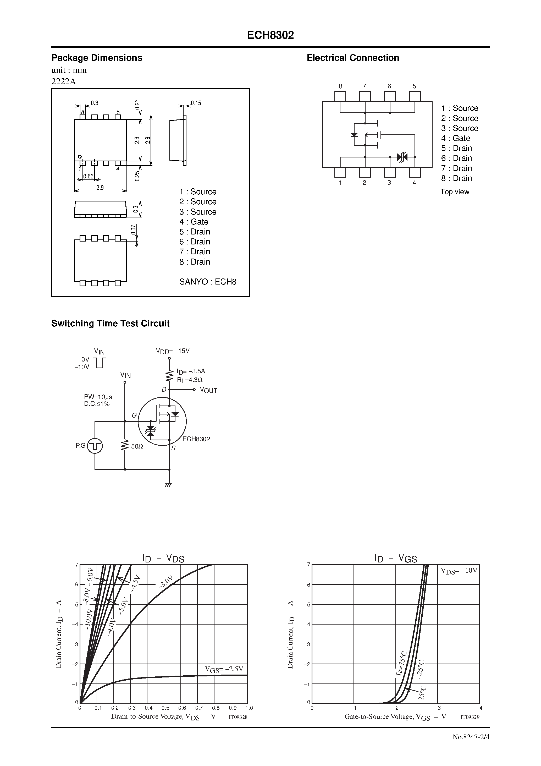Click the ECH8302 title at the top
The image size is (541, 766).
click(270, 35)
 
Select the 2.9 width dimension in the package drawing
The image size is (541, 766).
click(100, 188)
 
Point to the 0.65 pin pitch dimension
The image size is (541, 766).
click(89, 176)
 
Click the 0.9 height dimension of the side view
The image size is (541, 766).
click(135, 209)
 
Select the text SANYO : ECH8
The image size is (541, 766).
click(207, 282)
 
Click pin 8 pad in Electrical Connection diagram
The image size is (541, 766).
click(340, 96)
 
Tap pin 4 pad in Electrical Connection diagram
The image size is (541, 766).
click(415, 172)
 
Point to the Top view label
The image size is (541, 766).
click(454, 192)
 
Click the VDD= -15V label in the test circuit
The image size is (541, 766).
click(173, 351)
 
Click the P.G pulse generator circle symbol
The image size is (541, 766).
click(95, 446)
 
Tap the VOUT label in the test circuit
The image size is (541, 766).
click(208, 390)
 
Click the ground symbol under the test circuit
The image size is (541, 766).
click(169, 484)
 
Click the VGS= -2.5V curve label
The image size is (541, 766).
click(224, 669)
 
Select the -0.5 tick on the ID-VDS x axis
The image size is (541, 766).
click(164, 708)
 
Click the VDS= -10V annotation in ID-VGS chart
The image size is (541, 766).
click(459, 571)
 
